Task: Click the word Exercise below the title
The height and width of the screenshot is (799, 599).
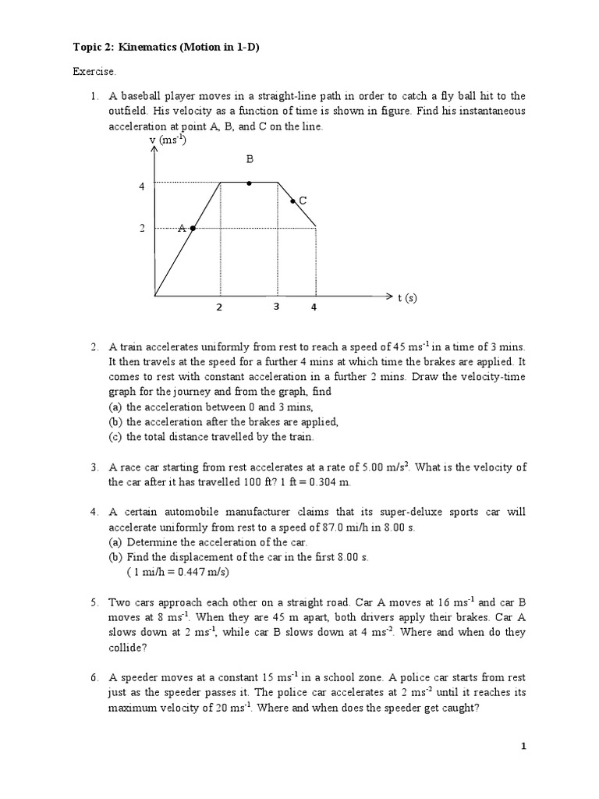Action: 94,72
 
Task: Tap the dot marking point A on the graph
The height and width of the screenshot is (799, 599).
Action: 192,228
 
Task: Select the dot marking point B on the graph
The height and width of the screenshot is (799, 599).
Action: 249,183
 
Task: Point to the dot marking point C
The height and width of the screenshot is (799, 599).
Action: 292,201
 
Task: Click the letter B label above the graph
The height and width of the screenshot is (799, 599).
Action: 250,159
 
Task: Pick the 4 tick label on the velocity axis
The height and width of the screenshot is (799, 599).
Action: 142,187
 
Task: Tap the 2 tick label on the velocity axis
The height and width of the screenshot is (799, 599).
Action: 142,229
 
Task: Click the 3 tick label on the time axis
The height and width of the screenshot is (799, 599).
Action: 276,307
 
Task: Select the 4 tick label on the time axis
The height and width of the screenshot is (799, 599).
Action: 314,307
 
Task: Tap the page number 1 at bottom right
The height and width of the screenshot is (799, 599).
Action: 524,747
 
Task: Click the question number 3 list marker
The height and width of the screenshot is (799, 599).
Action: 94,467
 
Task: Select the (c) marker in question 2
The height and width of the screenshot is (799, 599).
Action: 115,437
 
